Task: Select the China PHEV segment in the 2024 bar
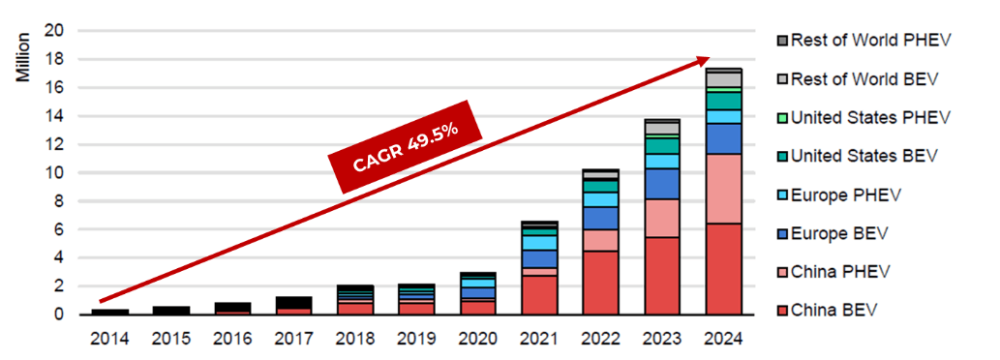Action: tap(724, 189)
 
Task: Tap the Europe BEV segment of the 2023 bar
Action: tap(662, 184)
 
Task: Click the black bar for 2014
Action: tap(109, 312)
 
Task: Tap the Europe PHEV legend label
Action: tap(846, 195)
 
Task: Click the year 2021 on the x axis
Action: tap(540, 339)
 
